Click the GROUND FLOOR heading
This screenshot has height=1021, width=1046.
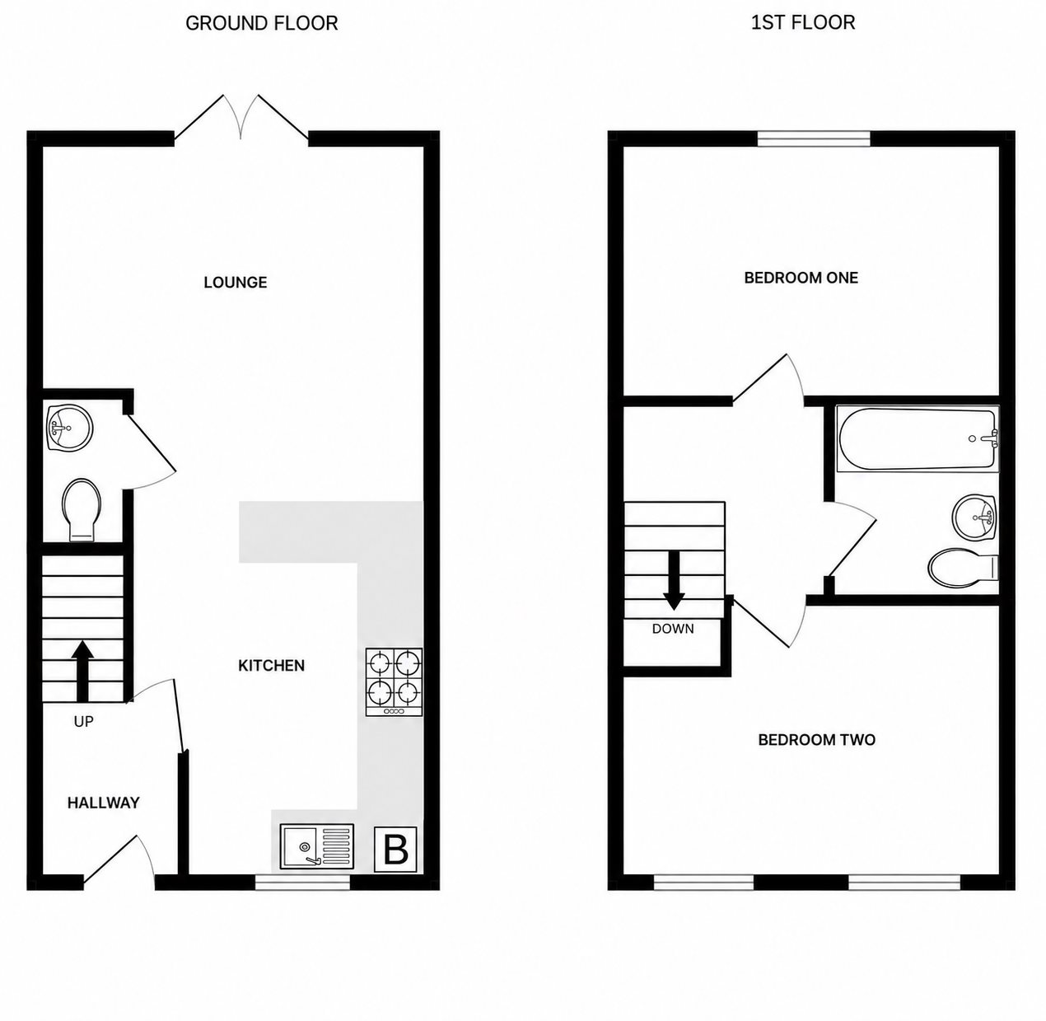pos(262,24)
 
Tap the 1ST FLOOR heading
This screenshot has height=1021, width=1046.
pos(803,22)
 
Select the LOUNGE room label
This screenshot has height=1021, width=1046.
pos(236,283)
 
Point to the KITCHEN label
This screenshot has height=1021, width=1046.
pos(272,666)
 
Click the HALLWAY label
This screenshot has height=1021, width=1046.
pos(103,803)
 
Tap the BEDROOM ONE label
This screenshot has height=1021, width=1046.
pos(801,278)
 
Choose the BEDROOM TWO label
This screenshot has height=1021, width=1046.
pos(816,740)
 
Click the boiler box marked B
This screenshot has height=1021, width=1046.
pos(395,850)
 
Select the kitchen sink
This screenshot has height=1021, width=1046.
pos(316,846)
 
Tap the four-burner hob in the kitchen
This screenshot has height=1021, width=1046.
pos(394,682)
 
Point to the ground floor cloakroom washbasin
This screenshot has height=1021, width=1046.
pos(69,429)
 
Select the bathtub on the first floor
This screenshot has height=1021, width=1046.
pos(918,439)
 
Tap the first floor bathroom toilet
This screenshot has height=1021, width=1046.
pos(963,568)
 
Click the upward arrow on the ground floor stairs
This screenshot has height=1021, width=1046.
pos(83,671)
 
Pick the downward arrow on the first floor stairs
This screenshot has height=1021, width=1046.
pos(674,581)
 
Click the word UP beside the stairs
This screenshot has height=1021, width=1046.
pos(83,721)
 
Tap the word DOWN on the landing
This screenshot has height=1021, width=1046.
pos(673,628)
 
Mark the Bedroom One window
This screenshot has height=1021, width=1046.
pos(814,138)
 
